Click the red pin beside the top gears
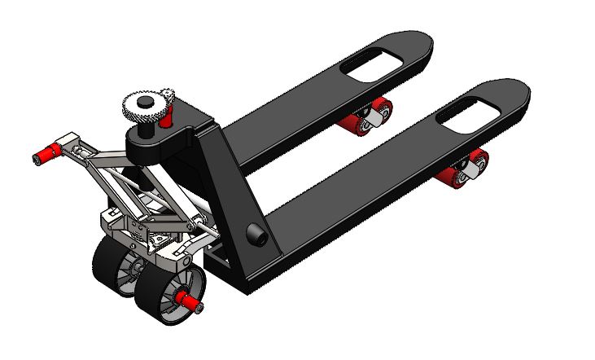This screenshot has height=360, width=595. pyautogui.click(x=167, y=119)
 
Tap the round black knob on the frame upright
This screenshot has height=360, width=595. pyautogui.click(x=256, y=235)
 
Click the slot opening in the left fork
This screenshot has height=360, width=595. pyautogui.click(x=375, y=62)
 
